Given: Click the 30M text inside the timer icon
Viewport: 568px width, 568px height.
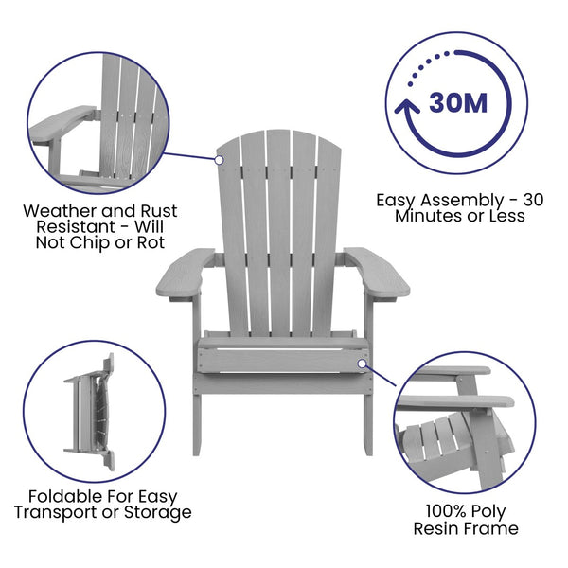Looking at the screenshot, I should point(458,102).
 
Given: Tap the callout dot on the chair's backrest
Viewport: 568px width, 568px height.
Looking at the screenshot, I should point(219,160).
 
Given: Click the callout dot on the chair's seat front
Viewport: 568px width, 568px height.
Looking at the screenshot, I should point(362,362).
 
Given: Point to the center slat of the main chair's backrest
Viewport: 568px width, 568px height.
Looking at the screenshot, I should point(278,227).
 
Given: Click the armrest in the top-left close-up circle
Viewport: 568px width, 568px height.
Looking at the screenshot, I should point(62,124).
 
